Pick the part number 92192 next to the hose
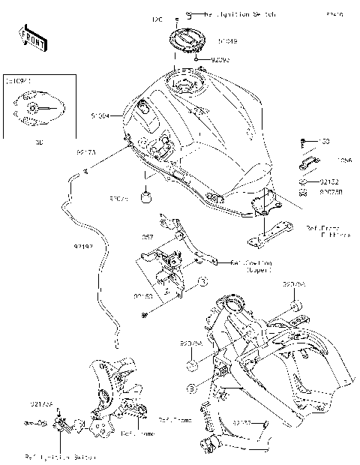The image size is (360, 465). tap(83, 245)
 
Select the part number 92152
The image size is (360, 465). tap(329, 181)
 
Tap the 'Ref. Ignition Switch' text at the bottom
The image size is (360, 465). tap(56, 455)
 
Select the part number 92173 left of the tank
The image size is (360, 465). tap(85, 151)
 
